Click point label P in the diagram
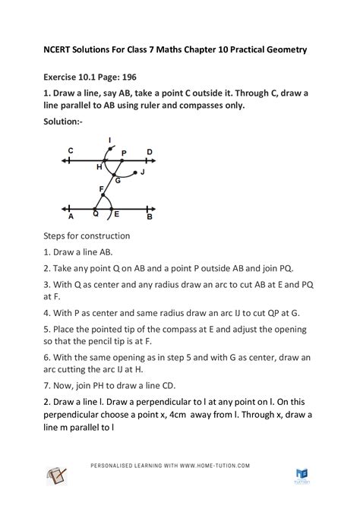[x=124, y=153]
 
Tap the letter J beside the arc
[x=142, y=172]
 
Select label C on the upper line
[x=70, y=151]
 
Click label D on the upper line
[x=150, y=152]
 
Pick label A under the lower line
[x=70, y=217]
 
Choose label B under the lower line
[x=150, y=217]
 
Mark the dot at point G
[x=115, y=176]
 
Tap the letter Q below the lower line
[x=96, y=216]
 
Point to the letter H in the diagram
[x=99, y=166]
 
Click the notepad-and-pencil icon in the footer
[x=56, y=477]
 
